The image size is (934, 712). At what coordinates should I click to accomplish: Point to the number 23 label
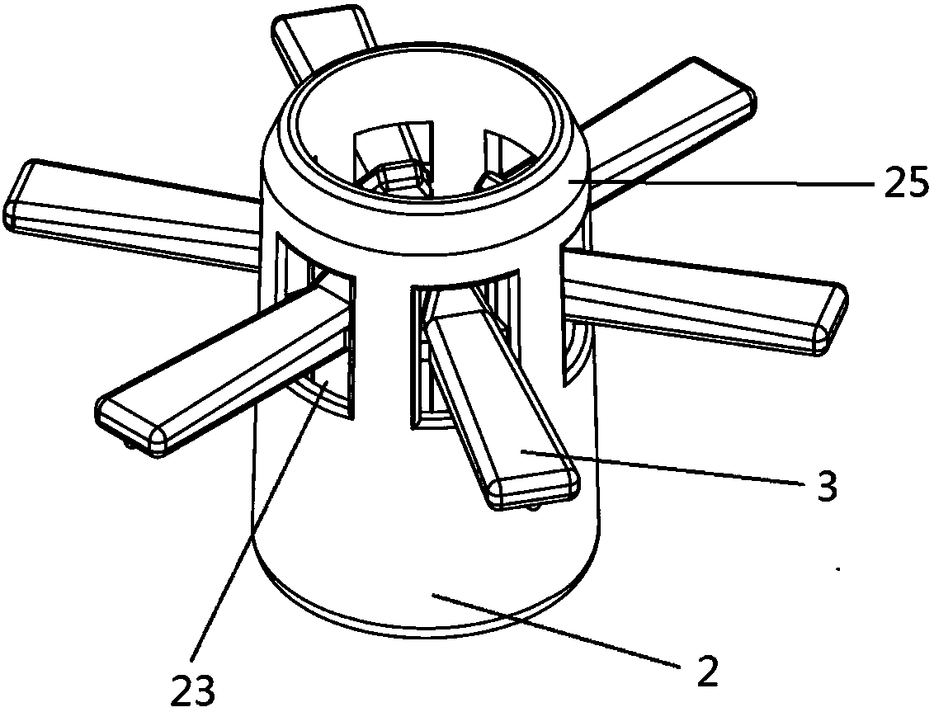point(193,688)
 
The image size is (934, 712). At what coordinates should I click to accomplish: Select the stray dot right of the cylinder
point(839,568)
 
